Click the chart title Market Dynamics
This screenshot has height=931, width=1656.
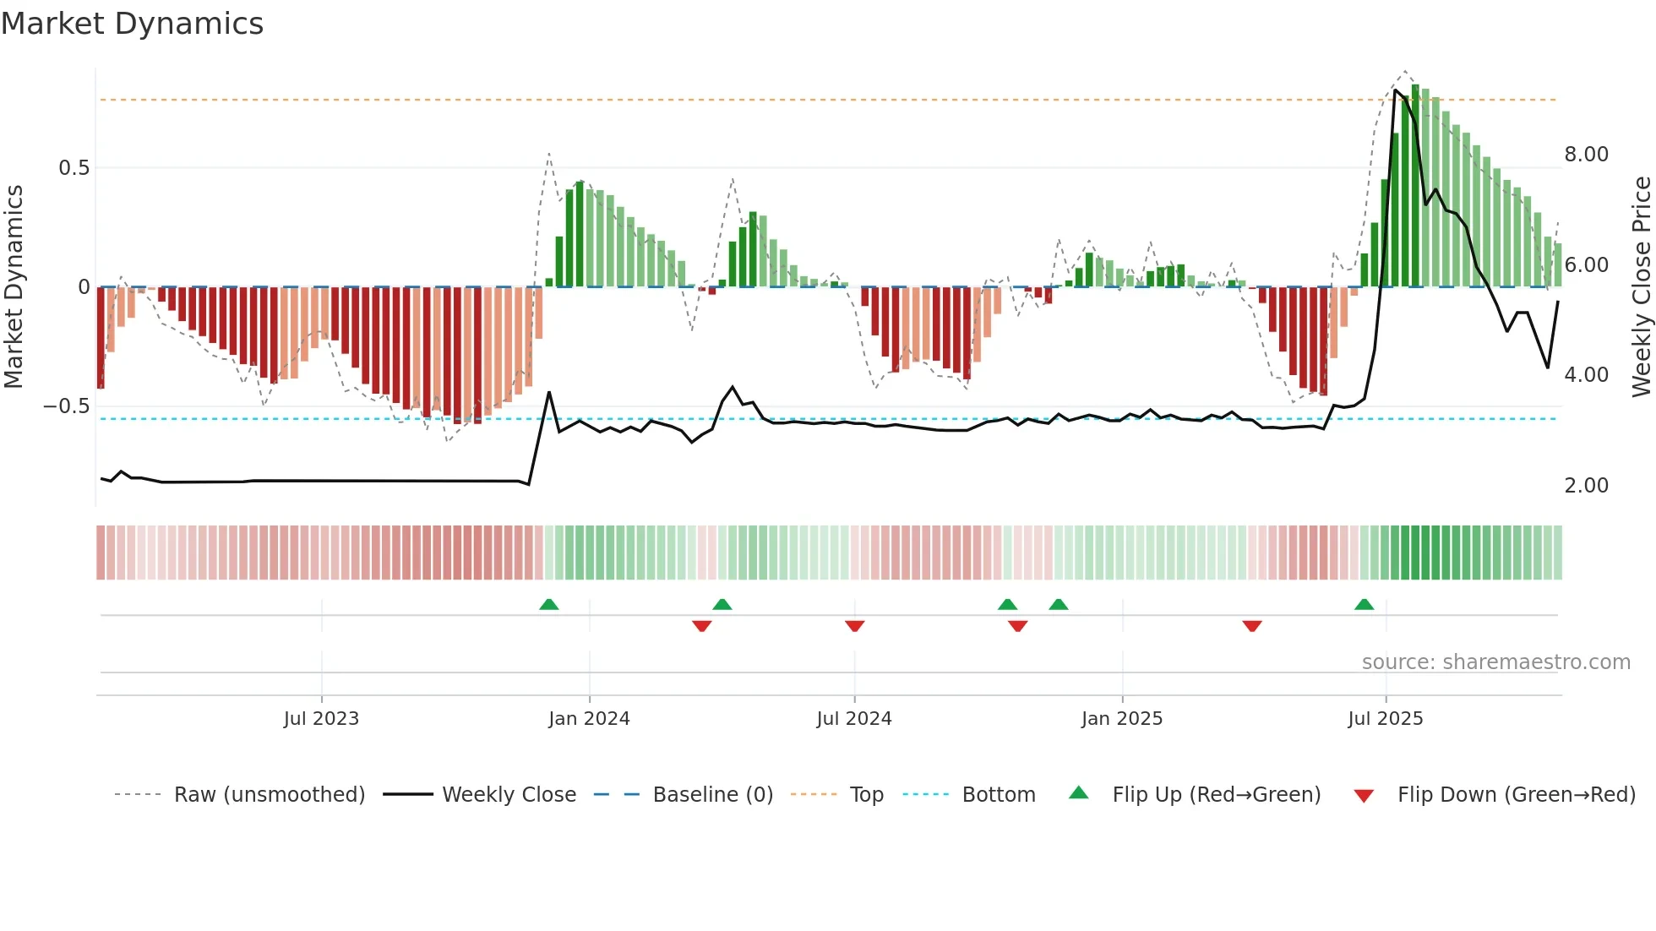[132, 24]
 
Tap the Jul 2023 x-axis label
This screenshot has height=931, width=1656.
[321, 719]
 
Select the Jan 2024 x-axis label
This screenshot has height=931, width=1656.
[589, 719]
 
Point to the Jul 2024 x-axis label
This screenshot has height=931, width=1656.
[854, 719]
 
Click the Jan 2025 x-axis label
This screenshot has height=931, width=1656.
[1122, 719]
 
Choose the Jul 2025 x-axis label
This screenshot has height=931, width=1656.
[1386, 719]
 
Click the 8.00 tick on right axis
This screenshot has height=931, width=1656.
[1586, 155]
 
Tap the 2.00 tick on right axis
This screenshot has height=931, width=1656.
[1586, 486]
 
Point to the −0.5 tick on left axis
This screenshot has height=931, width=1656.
[66, 406]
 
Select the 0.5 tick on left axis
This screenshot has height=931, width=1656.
[74, 168]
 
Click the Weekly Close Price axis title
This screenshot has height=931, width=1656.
[1641, 287]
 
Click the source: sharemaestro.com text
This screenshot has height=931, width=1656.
[1495, 662]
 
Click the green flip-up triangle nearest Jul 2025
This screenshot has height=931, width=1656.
[1364, 604]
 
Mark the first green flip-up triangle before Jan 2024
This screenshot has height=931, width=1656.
[549, 604]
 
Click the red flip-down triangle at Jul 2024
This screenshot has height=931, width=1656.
[854, 626]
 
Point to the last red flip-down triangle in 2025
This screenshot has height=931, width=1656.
[1252, 626]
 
